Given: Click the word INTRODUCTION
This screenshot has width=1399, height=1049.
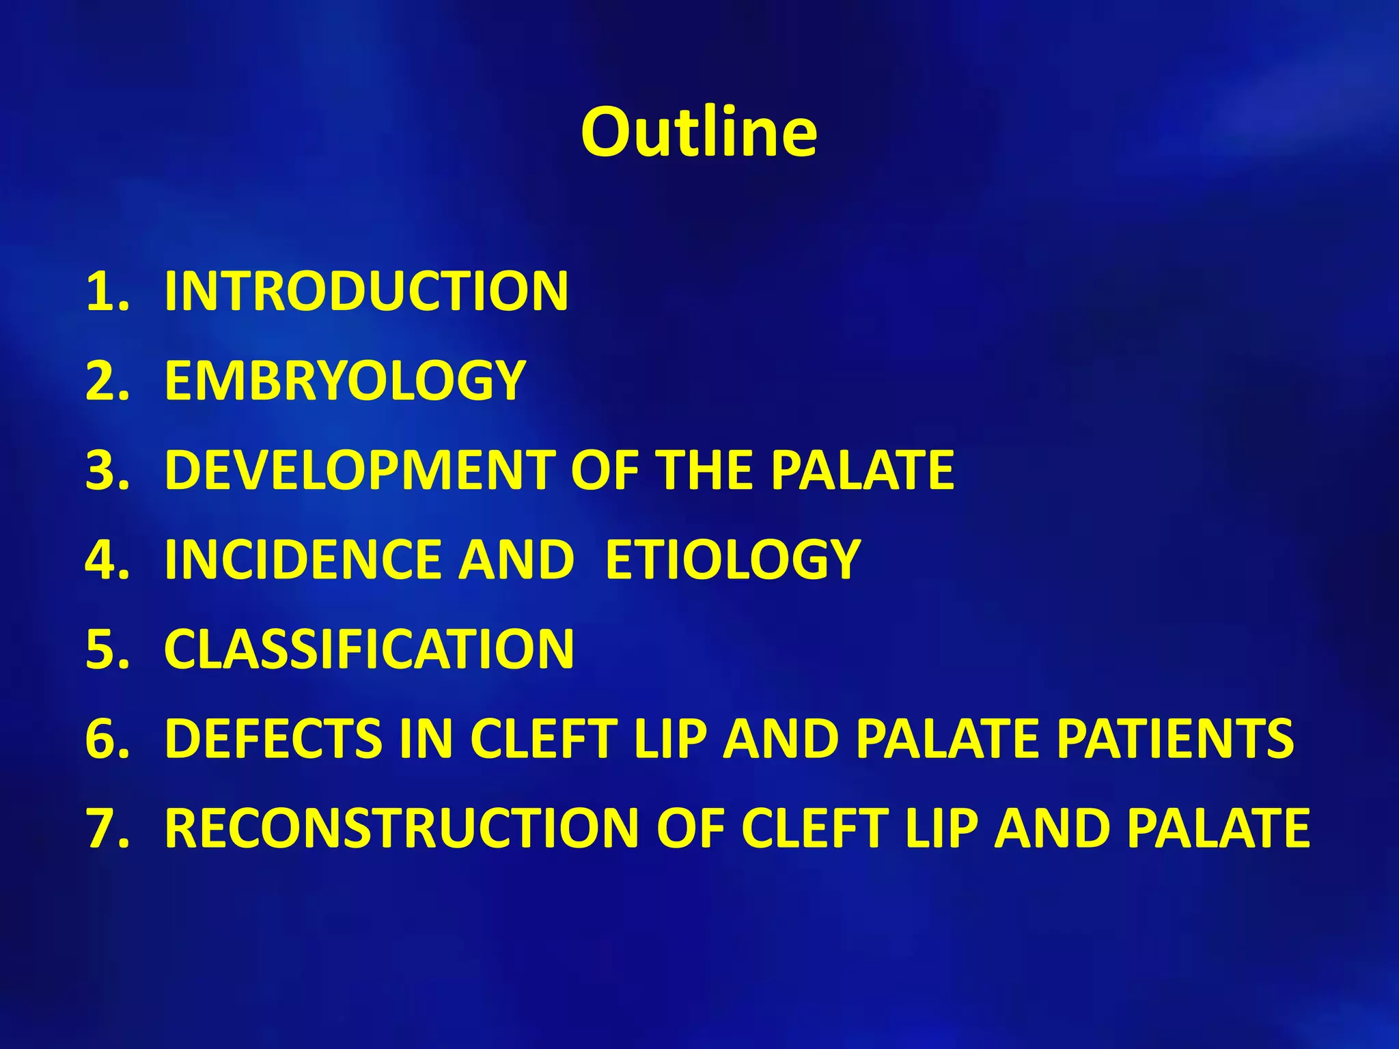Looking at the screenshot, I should (x=366, y=292).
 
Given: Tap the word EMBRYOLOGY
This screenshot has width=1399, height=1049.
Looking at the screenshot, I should (x=345, y=381).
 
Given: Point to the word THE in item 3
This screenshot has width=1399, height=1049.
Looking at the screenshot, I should (x=705, y=471).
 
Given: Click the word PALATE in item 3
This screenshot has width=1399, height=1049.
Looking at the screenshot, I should (x=863, y=471).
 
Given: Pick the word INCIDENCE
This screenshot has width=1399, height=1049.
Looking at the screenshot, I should (x=303, y=560).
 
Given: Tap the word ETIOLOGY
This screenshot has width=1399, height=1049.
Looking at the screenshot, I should (x=733, y=560).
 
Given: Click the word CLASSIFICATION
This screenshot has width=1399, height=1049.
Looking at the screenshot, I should (x=369, y=649).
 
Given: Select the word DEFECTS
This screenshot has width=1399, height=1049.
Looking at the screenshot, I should (x=274, y=739).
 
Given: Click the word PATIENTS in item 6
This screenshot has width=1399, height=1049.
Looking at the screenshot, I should (x=1175, y=739).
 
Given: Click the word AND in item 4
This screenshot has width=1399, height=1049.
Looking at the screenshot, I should (x=516, y=560).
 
